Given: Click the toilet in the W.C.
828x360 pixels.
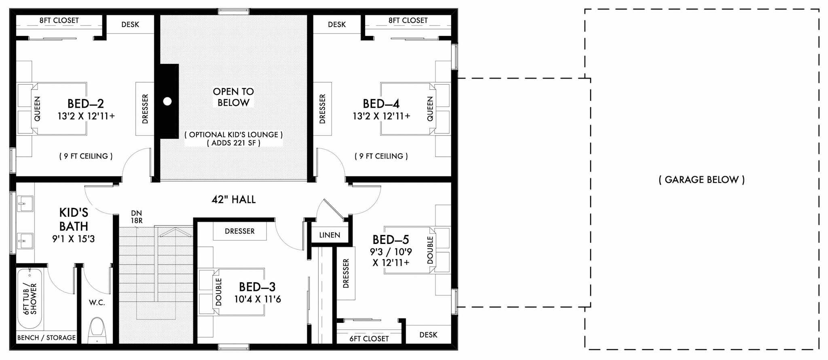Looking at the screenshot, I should point(97,329).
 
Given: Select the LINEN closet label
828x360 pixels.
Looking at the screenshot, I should point(330,235).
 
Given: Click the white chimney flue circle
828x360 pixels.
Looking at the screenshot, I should point(167,102).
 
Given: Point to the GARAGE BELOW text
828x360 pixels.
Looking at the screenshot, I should point(701,180).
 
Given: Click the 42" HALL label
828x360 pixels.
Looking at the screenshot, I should point(233,199).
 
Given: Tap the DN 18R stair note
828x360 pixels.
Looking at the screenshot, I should point(136,217).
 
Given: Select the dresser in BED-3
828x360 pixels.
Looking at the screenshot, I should point(240,231).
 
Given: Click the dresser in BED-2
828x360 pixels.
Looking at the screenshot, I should point(145,109).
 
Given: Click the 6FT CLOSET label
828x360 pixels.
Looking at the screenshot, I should point(369,339).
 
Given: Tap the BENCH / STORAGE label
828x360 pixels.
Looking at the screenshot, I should point(46,337).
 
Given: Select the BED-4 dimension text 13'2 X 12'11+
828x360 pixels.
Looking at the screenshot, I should point(381,116).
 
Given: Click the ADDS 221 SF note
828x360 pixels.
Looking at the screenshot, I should point(233,143).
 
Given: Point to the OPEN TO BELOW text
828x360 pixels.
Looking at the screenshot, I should point(233,97).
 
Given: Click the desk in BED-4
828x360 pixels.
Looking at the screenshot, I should point(337,24).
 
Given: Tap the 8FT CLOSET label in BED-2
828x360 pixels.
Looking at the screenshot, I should point(59,20).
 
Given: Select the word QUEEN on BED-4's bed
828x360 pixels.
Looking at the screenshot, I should point(430,108).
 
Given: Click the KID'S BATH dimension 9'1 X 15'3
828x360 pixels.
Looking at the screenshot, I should point(73,239).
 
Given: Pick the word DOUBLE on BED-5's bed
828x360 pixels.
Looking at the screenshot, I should point(430,250).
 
